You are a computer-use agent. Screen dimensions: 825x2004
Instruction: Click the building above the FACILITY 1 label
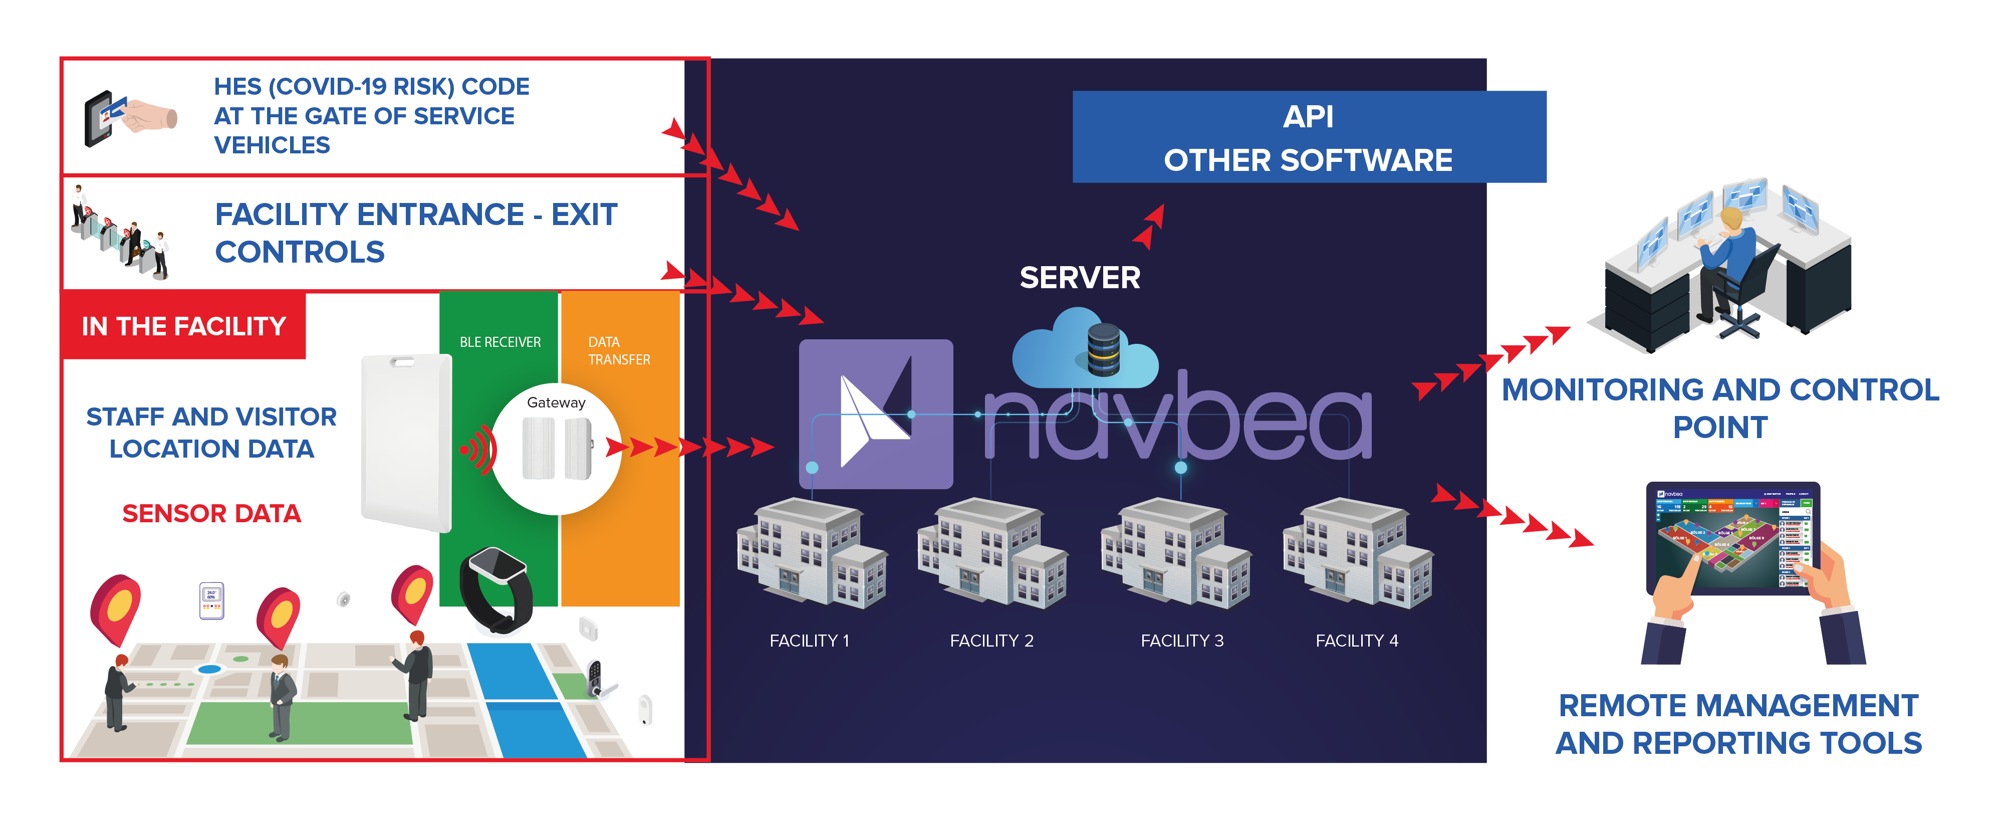tap(812, 553)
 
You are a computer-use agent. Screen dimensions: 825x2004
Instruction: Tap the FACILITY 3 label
tap(1182, 641)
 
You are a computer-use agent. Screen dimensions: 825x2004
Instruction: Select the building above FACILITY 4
tap(1358, 553)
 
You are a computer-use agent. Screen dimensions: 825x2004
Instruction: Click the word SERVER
tap(1080, 278)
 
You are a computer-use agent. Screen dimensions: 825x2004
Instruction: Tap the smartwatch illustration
tap(496, 589)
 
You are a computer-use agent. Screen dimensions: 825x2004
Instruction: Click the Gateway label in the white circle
tap(556, 402)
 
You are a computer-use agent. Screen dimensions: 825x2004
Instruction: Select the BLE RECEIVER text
tap(499, 342)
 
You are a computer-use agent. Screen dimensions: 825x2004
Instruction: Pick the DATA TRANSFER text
tap(618, 351)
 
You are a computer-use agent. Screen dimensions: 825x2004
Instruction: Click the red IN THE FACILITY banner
tap(183, 326)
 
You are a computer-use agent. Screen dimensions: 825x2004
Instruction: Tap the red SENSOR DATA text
tap(211, 514)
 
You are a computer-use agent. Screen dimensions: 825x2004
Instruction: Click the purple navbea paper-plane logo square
tap(875, 414)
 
